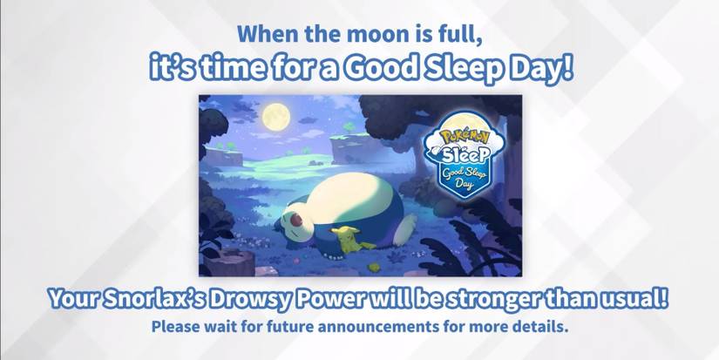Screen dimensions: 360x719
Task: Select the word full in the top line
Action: coord(456,36)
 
